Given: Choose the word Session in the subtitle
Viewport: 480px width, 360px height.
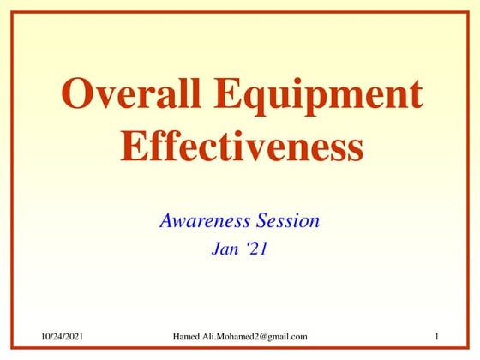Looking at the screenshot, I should (x=287, y=220).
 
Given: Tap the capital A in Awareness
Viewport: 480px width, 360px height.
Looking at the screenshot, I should (x=167, y=220).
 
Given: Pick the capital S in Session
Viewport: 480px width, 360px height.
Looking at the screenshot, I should (x=261, y=220).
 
